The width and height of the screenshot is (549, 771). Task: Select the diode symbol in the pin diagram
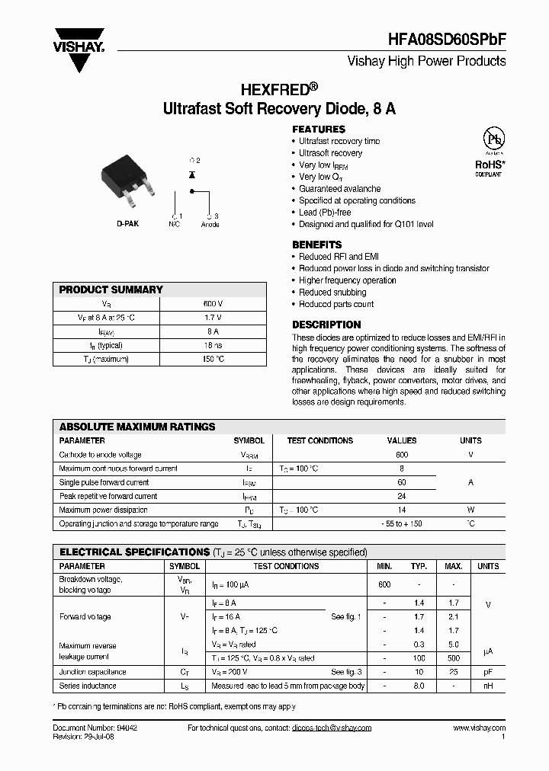[x=191, y=175]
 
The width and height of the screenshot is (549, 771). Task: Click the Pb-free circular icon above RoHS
[x=495, y=140]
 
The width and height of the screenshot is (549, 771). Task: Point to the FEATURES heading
[x=319, y=130]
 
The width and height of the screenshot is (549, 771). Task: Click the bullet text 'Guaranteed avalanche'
[x=339, y=189]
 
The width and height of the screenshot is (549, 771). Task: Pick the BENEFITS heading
[x=317, y=245]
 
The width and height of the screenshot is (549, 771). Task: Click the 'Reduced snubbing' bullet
[x=332, y=293]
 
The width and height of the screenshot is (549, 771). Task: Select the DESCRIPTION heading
[x=326, y=325]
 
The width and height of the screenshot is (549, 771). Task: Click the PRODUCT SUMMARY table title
[x=111, y=290]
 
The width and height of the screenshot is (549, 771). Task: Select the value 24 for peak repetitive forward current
[x=402, y=496]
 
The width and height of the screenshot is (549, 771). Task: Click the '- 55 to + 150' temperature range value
[x=402, y=524]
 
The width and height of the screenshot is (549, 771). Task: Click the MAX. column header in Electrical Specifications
[x=454, y=567]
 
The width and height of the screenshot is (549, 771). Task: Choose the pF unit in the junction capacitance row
[x=488, y=673]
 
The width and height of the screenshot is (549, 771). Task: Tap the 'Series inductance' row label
[x=88, y=686]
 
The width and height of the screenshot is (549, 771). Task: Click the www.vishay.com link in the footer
[x=479, y=728]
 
